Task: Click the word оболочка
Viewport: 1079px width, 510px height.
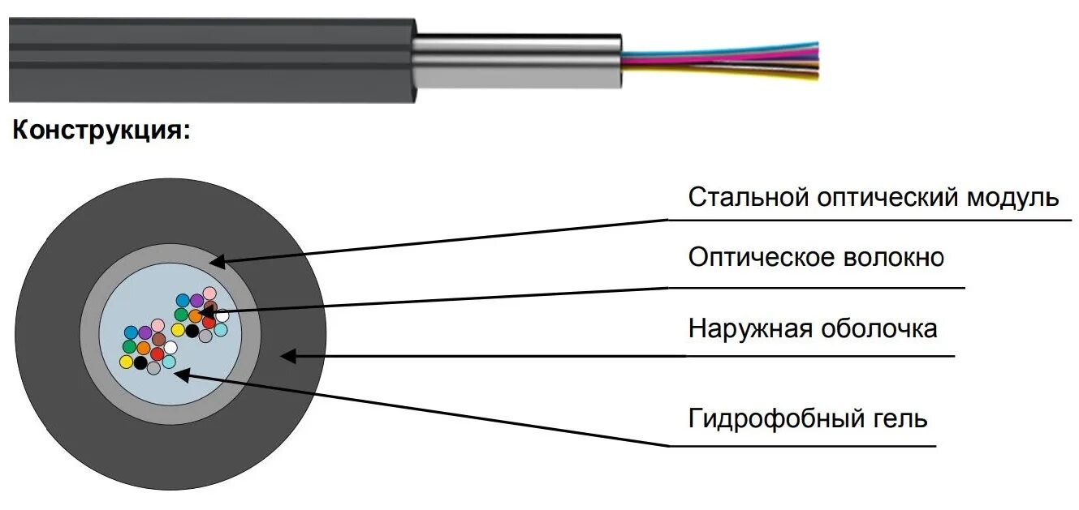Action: [x=880, y=328]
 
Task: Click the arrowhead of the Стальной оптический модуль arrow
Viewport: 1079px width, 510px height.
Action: [x=216, y=261]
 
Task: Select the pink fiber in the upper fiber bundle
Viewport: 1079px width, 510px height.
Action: [x=209, y=293]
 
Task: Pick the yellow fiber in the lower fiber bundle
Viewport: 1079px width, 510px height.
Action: [x=126, y=362]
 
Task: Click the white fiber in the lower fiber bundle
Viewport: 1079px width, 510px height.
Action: [x=170, y=348]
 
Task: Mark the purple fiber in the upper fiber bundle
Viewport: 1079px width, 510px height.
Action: [x=196, y=301]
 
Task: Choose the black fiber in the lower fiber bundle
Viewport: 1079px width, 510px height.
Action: [x=140, y=362]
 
